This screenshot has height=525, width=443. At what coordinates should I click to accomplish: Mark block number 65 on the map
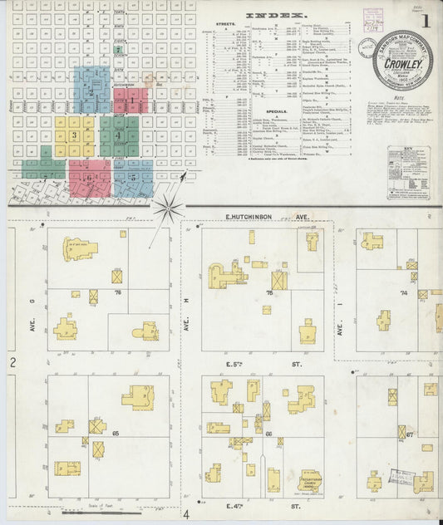(117, 433)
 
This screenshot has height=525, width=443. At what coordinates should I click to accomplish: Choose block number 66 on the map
(269, 433)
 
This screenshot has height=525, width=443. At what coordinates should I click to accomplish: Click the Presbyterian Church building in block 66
(309, 482)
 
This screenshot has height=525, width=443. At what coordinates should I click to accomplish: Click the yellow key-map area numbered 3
(75, 134)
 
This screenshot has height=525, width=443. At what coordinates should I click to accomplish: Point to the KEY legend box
(407, 171)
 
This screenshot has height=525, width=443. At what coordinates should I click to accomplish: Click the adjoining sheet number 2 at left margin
(13, 363)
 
